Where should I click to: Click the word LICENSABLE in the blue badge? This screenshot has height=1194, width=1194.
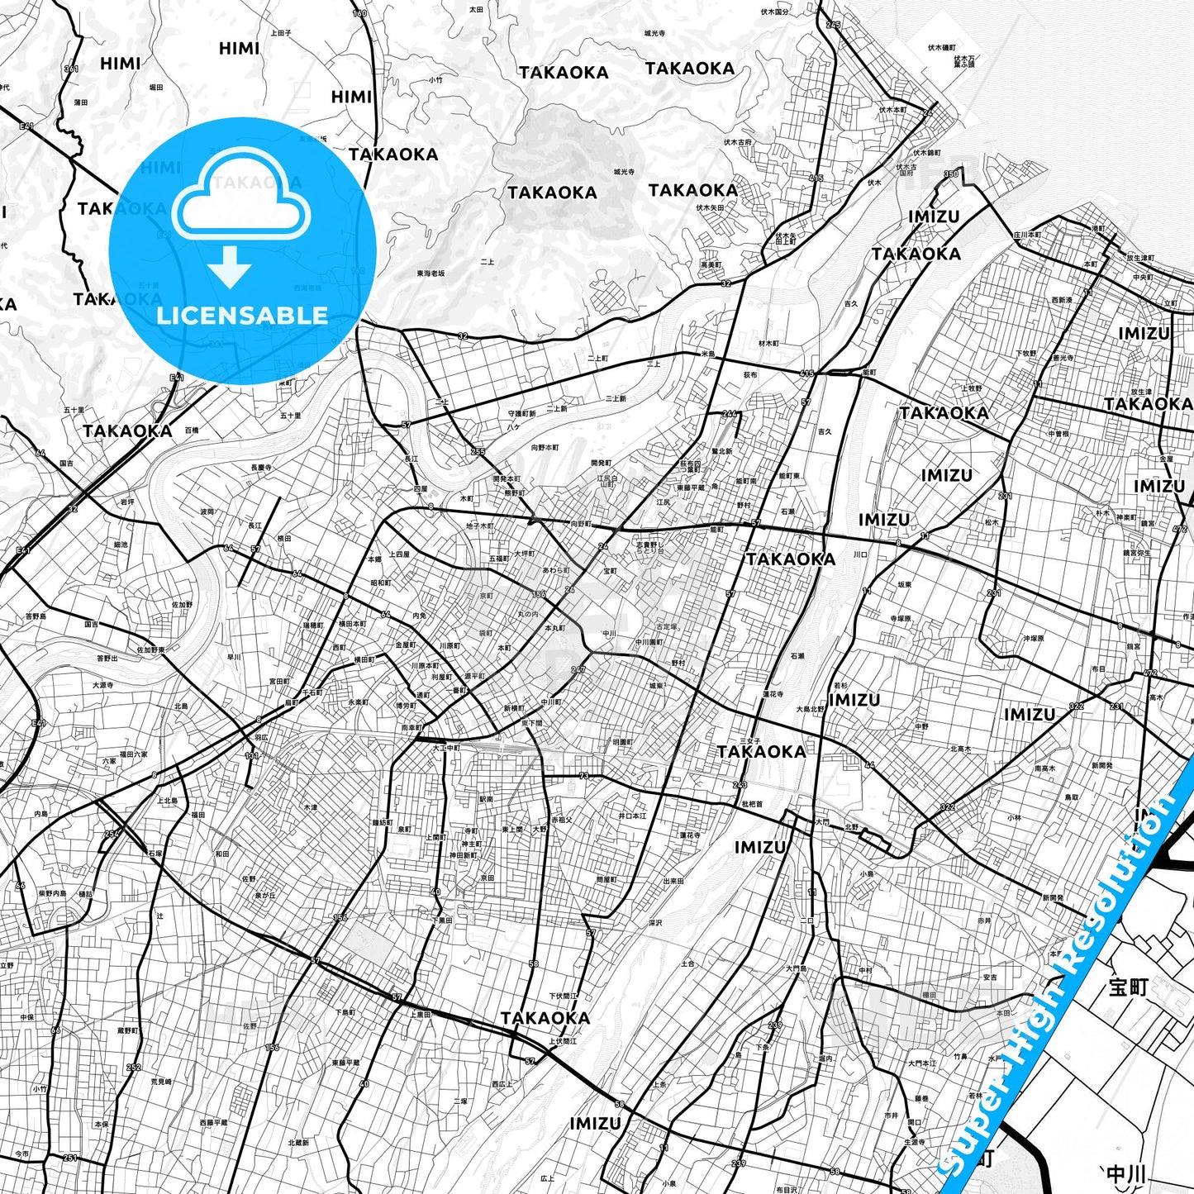click(x=242, y=315)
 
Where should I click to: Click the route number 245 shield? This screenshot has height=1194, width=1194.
click(x=833, y=25)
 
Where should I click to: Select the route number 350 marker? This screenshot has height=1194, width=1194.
click(x=951, y=174)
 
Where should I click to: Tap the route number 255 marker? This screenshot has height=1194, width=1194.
click(x=478, y=452)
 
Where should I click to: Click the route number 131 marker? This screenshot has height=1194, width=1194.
click(x=251, y=756)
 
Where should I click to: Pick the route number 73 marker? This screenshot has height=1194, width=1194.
click(x=584, y=776)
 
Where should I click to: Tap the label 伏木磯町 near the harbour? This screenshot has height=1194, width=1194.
click(x=940, y=47)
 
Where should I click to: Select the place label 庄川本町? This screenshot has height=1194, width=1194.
click(x=1027, y=235)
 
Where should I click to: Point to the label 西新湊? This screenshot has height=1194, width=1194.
click(x=1062, y=300)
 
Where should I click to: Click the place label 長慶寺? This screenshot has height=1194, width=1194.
click(x=261, y=468)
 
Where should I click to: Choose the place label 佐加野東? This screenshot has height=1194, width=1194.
click(x=150, y=649)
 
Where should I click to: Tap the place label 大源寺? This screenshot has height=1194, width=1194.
click(x=103, y=685)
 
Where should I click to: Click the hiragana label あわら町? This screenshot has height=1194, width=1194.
click(x=556, y=570)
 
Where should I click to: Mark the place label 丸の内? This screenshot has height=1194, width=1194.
click(x=528, y=614)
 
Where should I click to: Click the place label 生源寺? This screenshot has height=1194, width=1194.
click(x=914, y=1142)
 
